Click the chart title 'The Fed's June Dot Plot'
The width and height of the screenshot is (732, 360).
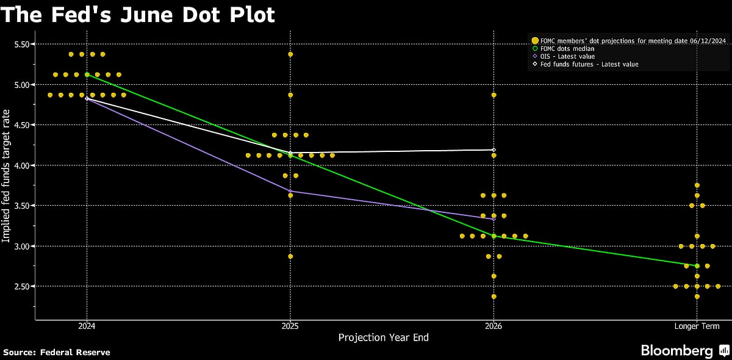(137, 15)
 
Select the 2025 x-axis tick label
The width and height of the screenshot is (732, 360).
(290, 326)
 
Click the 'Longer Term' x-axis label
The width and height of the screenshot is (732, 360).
(697, 326)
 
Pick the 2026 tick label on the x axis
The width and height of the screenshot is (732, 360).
(493, 326)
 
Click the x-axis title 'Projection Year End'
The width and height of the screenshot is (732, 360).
(384, 337)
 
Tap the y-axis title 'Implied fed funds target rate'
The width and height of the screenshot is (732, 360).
(6, 176)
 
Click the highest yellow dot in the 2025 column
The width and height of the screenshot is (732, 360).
(290, 54)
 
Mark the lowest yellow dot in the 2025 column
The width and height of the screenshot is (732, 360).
(290, 256)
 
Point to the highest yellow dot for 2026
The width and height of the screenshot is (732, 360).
(493, 95)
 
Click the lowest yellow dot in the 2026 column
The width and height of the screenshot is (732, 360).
(493, 297)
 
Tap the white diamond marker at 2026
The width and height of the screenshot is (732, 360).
(493, 149)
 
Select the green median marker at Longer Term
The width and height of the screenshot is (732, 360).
(697, 266)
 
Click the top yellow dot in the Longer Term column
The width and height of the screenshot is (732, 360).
(697, 185)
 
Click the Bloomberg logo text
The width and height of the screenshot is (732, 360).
(676, 351)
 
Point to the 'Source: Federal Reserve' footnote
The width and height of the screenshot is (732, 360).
(57, 352)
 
